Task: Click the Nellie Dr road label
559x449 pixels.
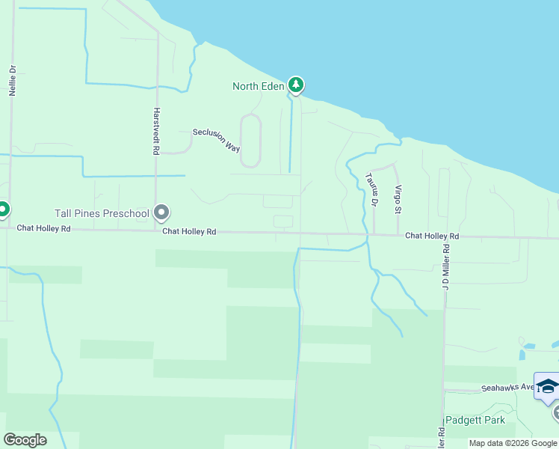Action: point(13,78)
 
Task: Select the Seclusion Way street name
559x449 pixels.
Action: point(216,139)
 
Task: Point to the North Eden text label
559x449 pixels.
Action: point(258,86)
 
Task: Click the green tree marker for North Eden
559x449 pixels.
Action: point(297,85)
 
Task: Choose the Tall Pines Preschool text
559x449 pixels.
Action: point(102,213)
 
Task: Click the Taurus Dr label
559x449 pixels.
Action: point(372,189)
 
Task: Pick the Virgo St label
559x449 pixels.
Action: point(398,198)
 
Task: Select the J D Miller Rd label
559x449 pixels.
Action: point(446,266)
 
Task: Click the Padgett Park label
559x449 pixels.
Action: point(475,420)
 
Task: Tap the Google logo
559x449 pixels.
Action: point(25,439)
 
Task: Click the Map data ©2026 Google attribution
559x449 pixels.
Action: point(513,443)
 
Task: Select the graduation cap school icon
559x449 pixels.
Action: point(548,386)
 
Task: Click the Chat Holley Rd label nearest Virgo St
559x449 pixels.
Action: point(432,236)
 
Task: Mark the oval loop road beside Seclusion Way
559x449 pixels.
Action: point(250,140)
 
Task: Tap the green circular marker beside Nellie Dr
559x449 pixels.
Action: point(2,209)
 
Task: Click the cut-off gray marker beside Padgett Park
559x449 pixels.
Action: point(556,412)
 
